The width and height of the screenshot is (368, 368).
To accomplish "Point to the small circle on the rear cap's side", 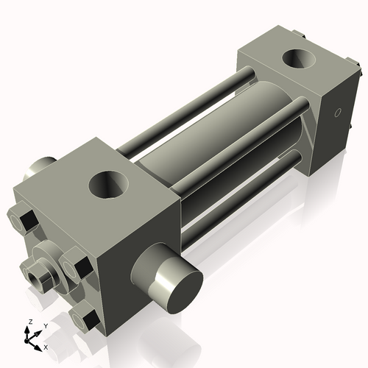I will pos(338,113).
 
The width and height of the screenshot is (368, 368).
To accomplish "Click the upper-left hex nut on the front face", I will pos(22,219).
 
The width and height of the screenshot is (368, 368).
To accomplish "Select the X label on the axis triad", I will pos(46,346).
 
